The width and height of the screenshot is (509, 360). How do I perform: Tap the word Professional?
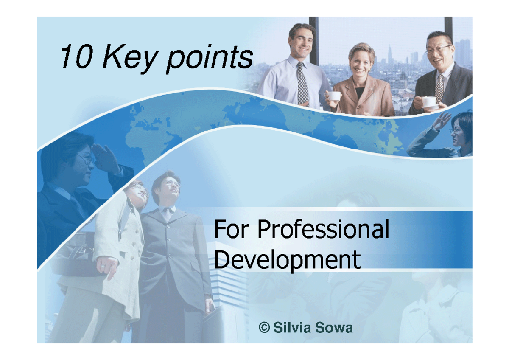coord(323,230)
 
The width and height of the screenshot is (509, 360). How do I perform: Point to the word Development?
coord(287,259)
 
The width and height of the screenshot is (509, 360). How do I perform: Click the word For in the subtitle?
coord(232,230)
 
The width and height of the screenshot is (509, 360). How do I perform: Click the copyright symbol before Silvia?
coord(264,328)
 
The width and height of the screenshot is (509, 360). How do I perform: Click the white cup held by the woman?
coord(335,96)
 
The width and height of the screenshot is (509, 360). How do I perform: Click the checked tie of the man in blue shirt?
coord(302,83)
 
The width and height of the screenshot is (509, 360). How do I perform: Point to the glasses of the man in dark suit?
coord(438,50)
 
